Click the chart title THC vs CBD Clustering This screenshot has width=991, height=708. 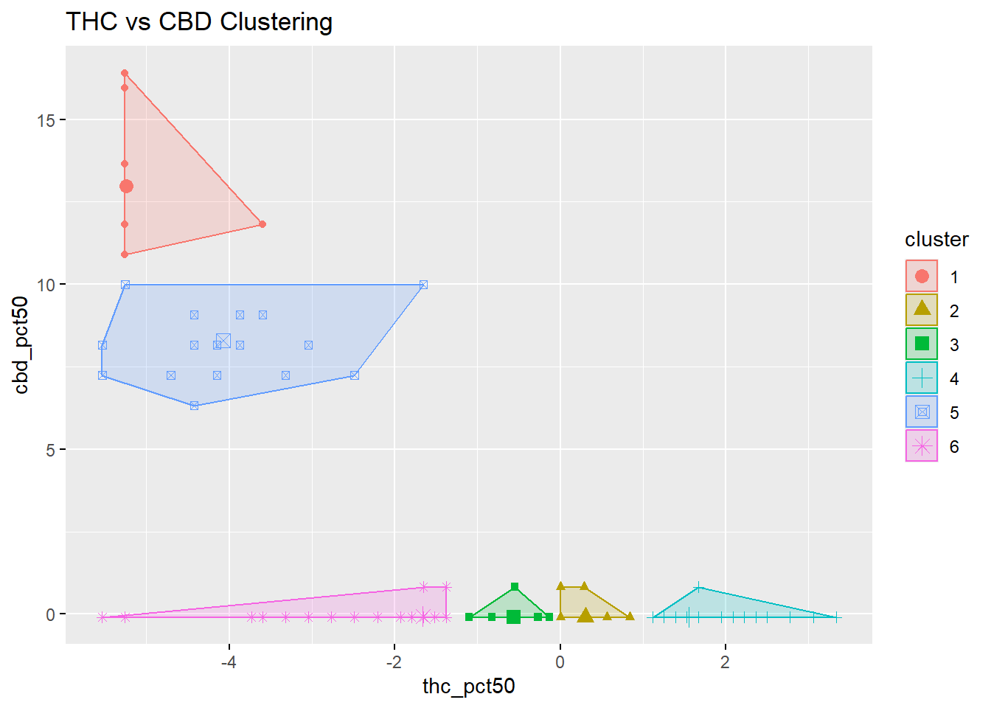pyautogui.click(x=199, y=22)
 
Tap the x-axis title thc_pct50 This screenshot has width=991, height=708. pyautogui.click(x=468, y=687)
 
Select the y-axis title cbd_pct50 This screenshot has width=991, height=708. pyautogui.click(x=21, y=345)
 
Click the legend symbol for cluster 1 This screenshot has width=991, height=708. pyautogui.click(x=922, y=277)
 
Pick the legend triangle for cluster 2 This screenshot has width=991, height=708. pyautogui.click(x=922, y=309)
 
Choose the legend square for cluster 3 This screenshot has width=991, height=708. pyautogui.click(x=922, y=344)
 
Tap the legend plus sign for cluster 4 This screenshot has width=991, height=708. pyautogui.click(x=922, y=378)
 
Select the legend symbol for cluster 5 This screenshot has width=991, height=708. pyautogui.click(x=922, y=412)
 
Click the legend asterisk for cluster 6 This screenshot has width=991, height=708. pyautogui.click(x=922, y=446)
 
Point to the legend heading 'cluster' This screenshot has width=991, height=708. pyautogui.click(x=936, y=240)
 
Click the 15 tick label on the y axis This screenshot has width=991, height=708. pyautogui.click(x=46, y=120)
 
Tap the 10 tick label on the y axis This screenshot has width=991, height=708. pyautogui.click(x=46, y=285)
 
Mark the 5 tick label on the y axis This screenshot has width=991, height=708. pyautogui.click(x=50, y=450)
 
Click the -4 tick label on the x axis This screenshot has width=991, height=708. pyautogui.click(x=229, y=662)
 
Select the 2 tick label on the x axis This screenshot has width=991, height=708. pyautogui.click(x=725, y=662)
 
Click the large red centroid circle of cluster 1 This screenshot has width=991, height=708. pyautogui.click(x=126, y=187)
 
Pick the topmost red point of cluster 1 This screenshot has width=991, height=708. pyautogui.click(x=125, y=73)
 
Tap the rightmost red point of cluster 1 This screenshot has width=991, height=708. pyautogui.click(x=262, y=224)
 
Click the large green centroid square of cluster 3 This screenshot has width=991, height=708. pyautogui.click(x=513, y=617)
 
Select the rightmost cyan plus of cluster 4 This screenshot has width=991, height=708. pyautogui.click(x=836, y=617)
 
